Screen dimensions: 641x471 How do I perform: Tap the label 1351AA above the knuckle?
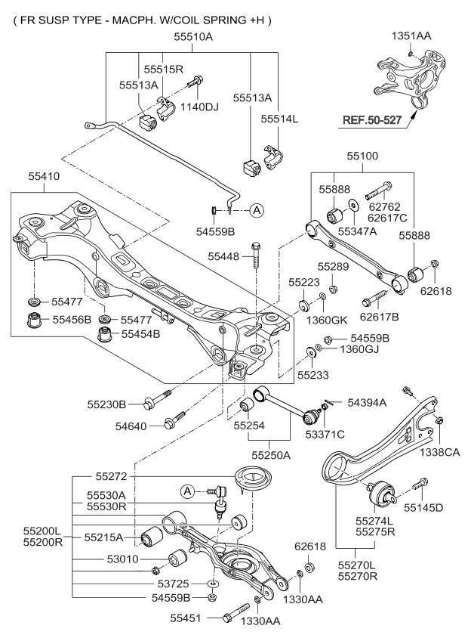[412, 36]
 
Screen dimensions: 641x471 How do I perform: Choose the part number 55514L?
[279, 119]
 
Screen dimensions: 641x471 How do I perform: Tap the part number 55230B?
[125, 404]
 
